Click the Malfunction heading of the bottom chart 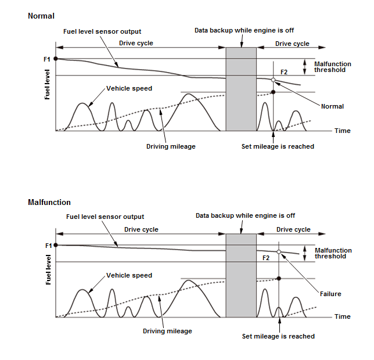(49, 203)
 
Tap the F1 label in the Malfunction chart (48, 246)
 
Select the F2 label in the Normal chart (284, 72)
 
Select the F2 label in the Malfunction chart (266, 257)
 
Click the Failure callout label (330, 294)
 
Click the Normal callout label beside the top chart (332, 106)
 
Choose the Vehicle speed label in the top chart (129, 89)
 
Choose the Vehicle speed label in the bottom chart (129, 275)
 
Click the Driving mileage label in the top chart (171, 146)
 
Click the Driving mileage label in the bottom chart (167, 331)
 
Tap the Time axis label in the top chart (343, 131)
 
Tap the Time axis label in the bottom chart (343, 316)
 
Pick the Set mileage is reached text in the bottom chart (278, 336)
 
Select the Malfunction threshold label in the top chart (332, 67)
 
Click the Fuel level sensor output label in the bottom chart (105, 217)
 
